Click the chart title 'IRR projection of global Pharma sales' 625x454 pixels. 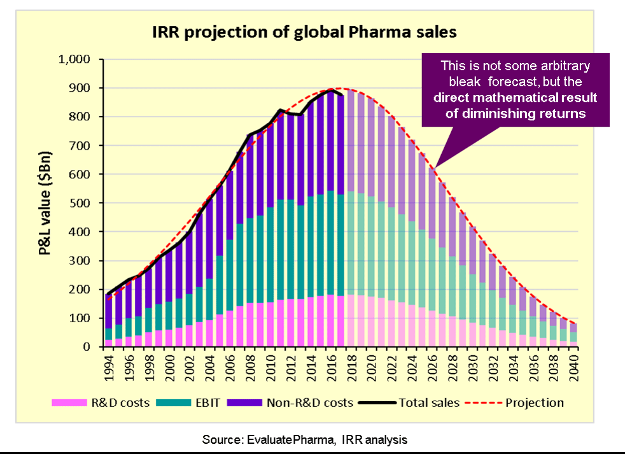coord(304,32)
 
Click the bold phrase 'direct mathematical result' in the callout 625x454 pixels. coord(516,98)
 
